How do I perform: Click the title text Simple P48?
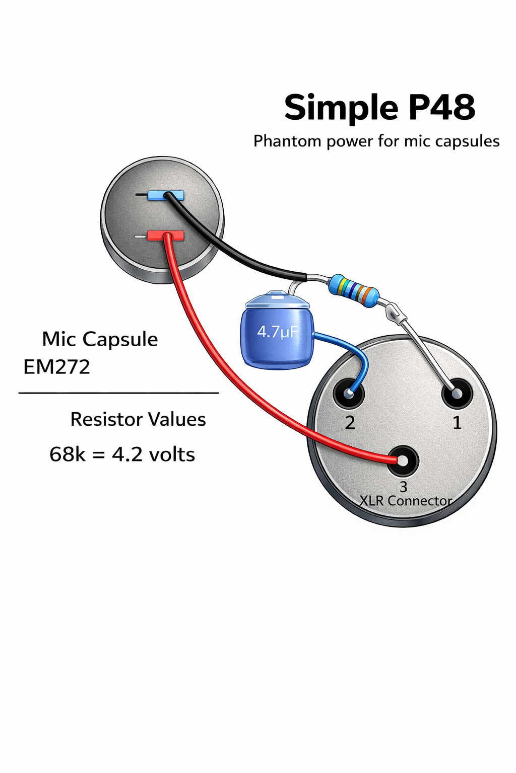[379, 107]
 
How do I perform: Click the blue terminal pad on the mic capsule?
[165, 195]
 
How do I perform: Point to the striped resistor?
[353, 291]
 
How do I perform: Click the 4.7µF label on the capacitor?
[277, 332]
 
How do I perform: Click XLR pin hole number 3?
[403, 460]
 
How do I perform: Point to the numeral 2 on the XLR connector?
[350, 423]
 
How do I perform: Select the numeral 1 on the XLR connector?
[457, 423]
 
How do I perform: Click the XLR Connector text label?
[406, 501]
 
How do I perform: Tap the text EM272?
[57, 367]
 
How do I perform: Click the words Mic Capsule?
[100, 339]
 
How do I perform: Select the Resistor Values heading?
[138, 419]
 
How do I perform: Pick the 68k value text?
[68, 454]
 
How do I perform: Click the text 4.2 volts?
[153, 454]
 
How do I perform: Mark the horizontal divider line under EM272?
[118, 393]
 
